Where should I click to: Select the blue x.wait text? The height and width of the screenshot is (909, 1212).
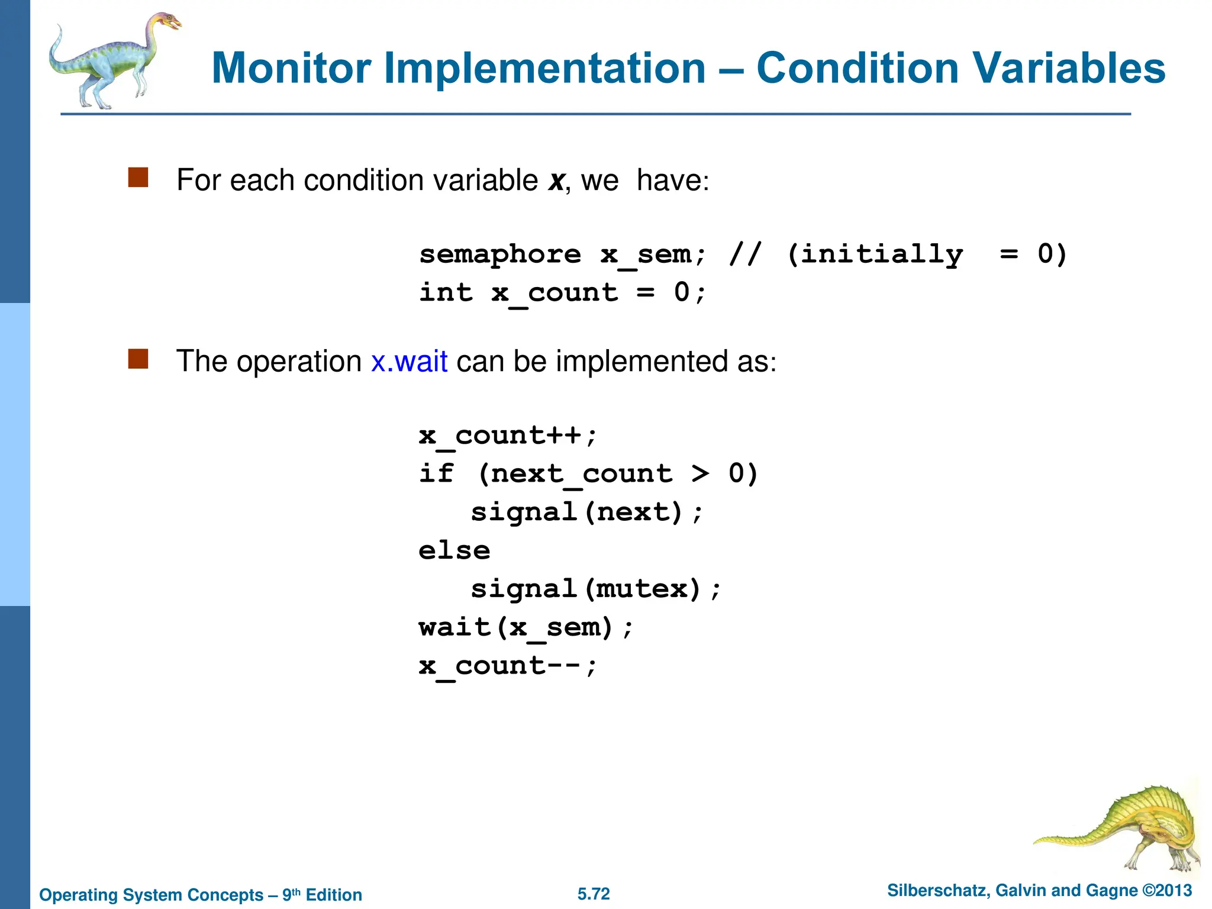pos(409,361)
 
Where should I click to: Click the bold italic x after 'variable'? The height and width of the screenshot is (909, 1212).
pos(556,180)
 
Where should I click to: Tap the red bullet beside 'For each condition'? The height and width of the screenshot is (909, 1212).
pos(138,177)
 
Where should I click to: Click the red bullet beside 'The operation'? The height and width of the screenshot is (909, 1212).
pos(138,359)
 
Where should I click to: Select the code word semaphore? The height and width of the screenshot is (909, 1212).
pos(500,254)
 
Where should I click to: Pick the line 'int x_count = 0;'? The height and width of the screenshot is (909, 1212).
pos(562,293)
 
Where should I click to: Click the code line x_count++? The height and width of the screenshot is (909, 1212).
pos(508,436)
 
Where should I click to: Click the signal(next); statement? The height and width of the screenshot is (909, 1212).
pos(586,512)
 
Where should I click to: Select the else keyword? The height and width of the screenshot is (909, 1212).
pos(454,551)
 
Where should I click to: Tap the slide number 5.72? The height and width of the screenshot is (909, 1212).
pos(594,894)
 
